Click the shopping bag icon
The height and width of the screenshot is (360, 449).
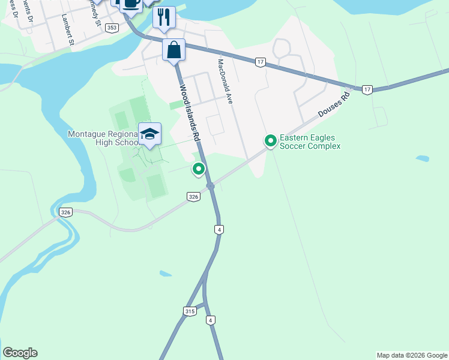click(173, 50)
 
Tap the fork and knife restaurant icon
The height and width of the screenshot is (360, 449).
click(163, 17)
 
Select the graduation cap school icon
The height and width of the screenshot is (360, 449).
click(149, 134)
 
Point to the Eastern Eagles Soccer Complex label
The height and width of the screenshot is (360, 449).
click(310, 142)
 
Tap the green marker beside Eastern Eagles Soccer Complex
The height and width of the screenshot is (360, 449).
click(270, 141)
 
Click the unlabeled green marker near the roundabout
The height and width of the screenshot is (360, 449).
click(198, 169)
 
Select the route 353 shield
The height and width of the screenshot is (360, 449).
click(111, 28)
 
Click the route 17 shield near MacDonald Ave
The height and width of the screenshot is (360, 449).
click(260, 62)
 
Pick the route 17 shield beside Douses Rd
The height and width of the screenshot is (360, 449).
click(367, 89)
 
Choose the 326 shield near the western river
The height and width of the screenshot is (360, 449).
click(66, 212)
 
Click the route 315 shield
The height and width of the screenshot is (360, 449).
click(190, 311)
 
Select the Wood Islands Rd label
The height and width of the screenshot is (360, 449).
click(188, 112)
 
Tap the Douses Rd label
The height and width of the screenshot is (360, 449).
click(334, 104)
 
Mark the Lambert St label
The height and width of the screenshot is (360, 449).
click(67, 31)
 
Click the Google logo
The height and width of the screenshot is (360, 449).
click(20, 353)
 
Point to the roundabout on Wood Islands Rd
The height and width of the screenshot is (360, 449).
click(210, 187)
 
